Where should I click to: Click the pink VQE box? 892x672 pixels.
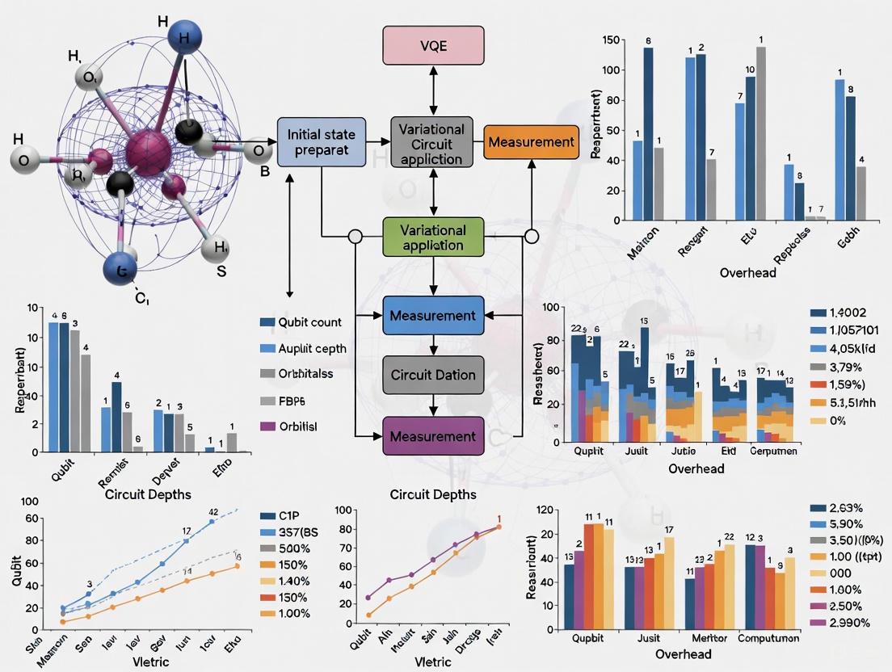432,45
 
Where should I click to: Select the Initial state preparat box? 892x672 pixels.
321,141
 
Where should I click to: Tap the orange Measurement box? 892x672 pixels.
531,142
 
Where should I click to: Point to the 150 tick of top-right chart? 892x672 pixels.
610,40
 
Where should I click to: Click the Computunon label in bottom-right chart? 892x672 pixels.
768,637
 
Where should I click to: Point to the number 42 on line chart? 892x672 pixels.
213,512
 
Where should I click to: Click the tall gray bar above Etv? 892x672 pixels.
760,133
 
